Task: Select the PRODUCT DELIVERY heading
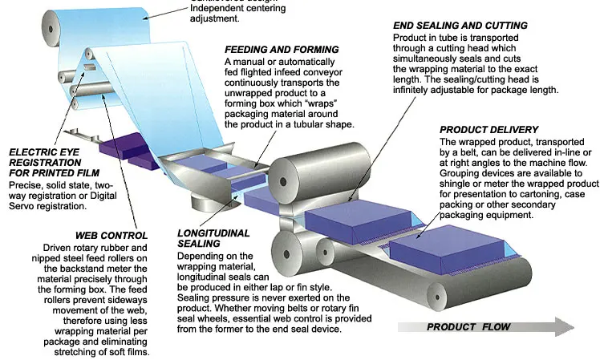coord(489,130)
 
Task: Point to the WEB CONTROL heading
coord(111,235)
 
